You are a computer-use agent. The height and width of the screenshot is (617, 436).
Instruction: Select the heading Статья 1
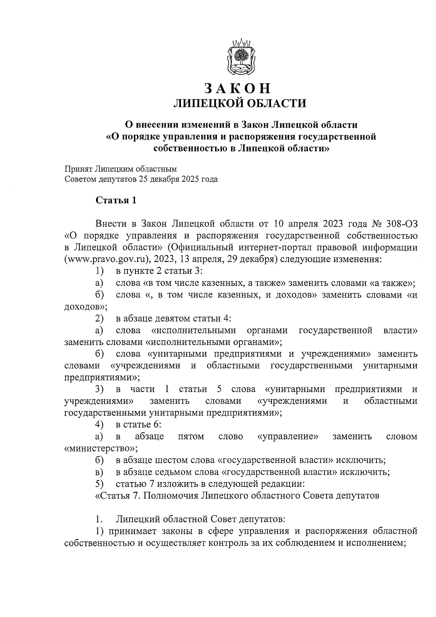[x=116, y=200]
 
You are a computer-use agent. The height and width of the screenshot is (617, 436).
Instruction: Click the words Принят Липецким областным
[x=121, y=169]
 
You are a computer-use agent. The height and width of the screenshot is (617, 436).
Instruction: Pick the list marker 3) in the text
[x=100, y=389]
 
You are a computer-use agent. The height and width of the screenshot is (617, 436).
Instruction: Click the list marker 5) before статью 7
[x=100, y=484]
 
